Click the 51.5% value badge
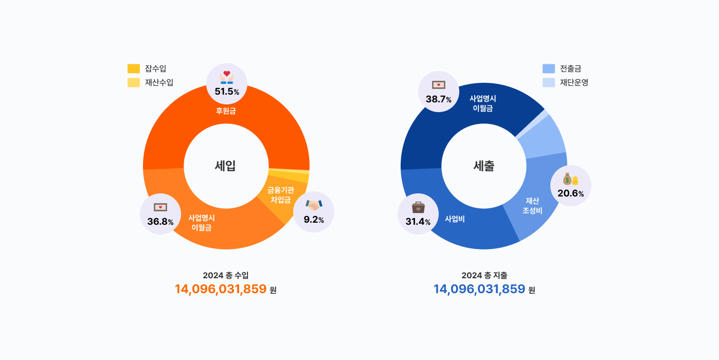coord(227,92)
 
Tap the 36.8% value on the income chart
coord(160,222)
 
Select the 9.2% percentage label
coord(314,220)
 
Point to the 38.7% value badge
coord(438,99)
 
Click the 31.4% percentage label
coord(418,222)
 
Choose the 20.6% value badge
coord(570,193)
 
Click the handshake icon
coord(314,205)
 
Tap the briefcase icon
coord(418,207)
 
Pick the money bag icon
coord(570,179)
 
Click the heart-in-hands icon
coord(227,77)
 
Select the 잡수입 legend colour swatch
coord(134,68)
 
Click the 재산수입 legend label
coord(159,82)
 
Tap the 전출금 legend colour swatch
coord(549,68)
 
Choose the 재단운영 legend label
coord(574,82)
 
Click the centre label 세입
coord(225,166)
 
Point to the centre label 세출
coord(484,166)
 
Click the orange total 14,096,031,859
coord(221,289)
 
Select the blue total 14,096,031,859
coord(479,289)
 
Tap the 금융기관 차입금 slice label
coord(281,195)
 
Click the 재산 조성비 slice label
coord(532,206)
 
